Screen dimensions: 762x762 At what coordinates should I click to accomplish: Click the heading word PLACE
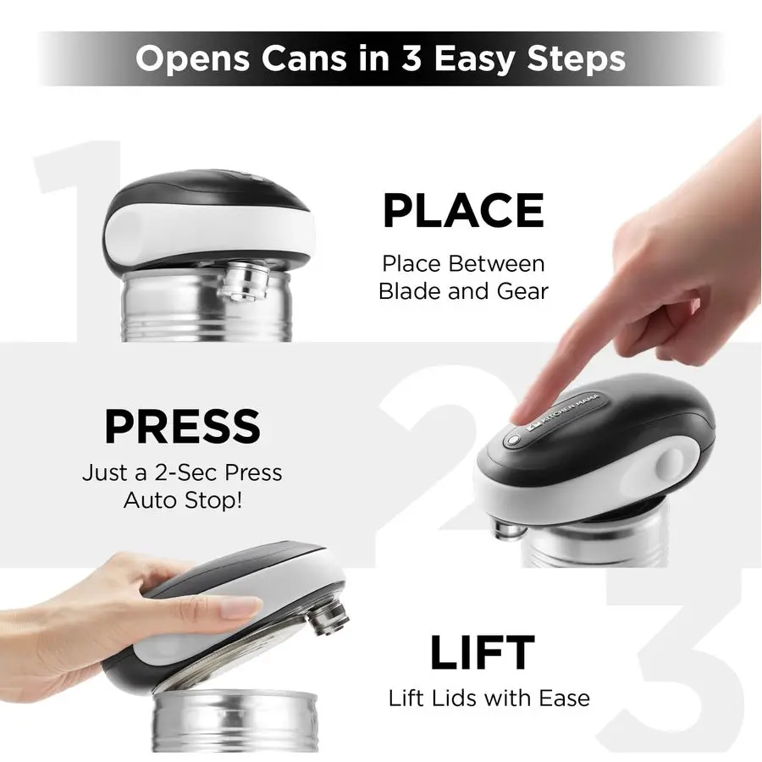pyautogui.click(x=462, y=211)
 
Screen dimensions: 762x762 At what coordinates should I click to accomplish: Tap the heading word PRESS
pyautogui.click(x=181, y=427)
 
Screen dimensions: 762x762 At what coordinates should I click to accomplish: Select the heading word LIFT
pyautogui.click(x=482, y=653)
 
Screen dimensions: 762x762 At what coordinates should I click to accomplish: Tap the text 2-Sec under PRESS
pyautogui.click(x=190, y=472)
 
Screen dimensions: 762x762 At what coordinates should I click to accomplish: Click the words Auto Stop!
pyautogui.click(x=182, y=500)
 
